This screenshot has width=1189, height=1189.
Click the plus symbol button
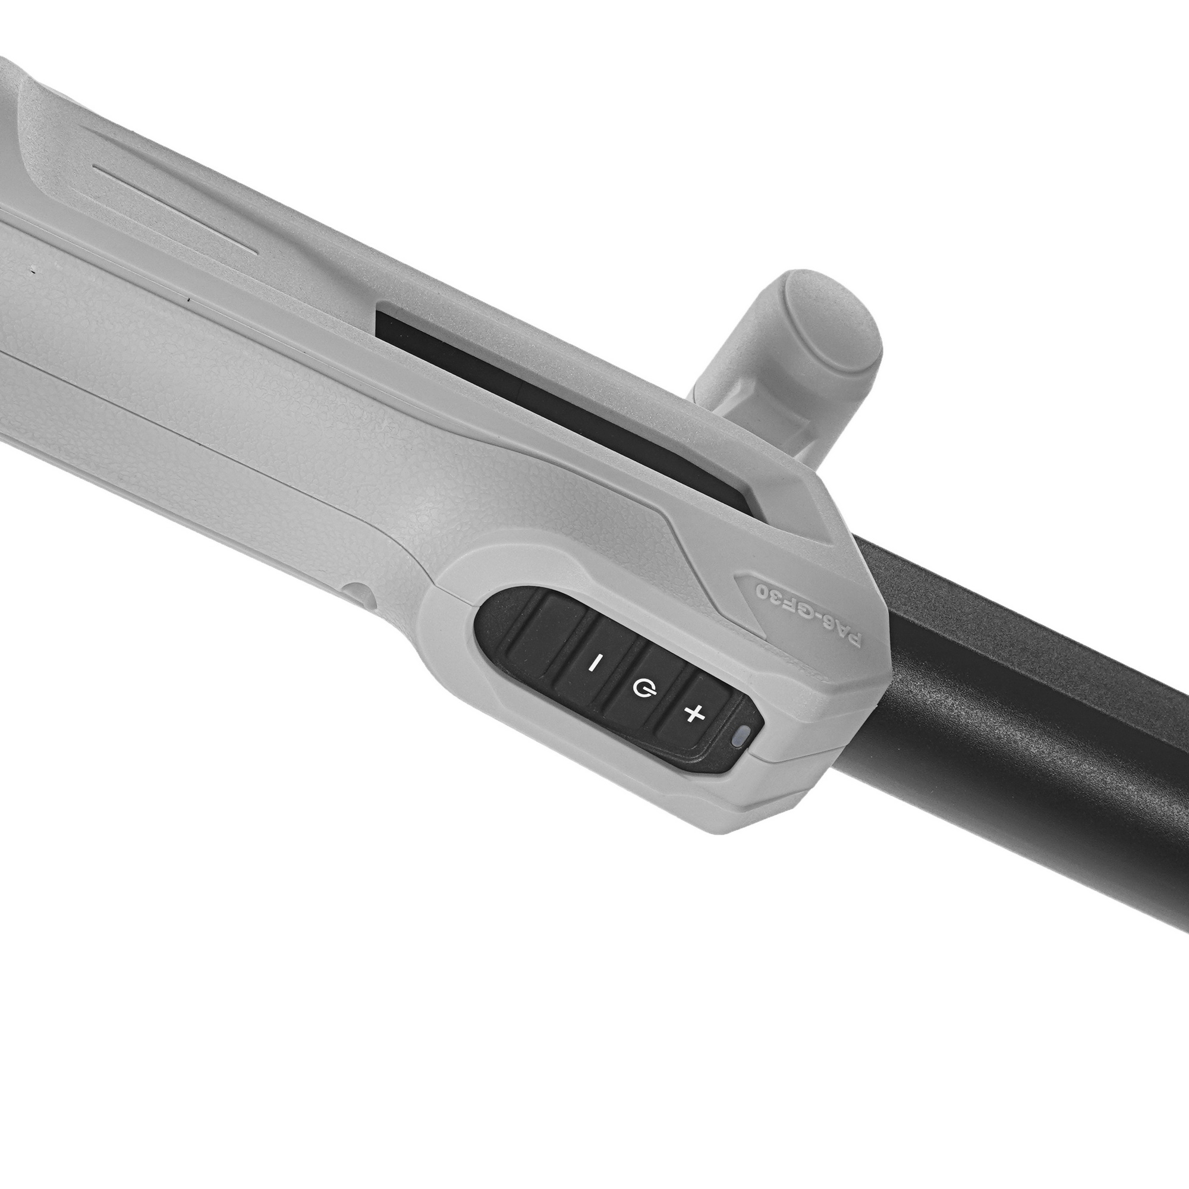(695, 714)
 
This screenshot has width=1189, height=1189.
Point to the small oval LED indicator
(743, 735)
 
